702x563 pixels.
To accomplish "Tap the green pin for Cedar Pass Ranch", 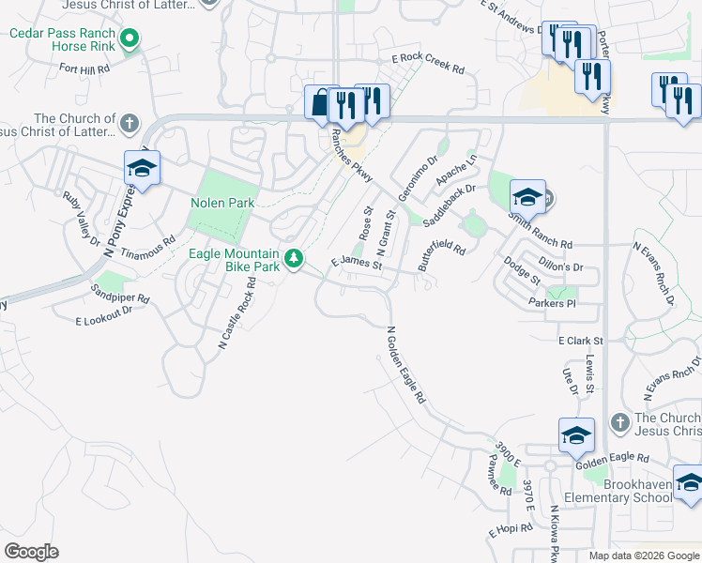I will click(130, 38).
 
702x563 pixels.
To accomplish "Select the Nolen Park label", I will click(222, 203).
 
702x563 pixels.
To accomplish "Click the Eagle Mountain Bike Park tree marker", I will click(295, 256).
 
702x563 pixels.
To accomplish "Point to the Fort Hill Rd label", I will click(84, 68).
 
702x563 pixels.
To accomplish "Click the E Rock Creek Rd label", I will click(428, 63).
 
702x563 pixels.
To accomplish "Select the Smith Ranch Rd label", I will click(541, 229).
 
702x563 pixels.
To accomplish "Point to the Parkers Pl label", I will click(551, 303).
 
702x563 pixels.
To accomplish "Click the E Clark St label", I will click(580, 341).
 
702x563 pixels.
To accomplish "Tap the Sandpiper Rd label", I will click(120, 293).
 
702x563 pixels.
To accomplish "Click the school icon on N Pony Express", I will click(142, 169).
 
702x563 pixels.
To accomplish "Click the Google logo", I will click(31, 552).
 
